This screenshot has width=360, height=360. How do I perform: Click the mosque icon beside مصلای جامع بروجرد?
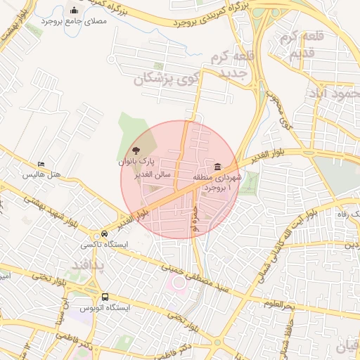75,10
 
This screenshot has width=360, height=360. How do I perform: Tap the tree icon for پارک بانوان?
135,150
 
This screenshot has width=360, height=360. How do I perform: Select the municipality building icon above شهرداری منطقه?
218,167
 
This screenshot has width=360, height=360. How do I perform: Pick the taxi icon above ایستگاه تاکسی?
105,234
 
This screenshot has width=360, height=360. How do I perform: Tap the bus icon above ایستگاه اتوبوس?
105,297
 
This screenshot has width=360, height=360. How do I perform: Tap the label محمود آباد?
333,93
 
